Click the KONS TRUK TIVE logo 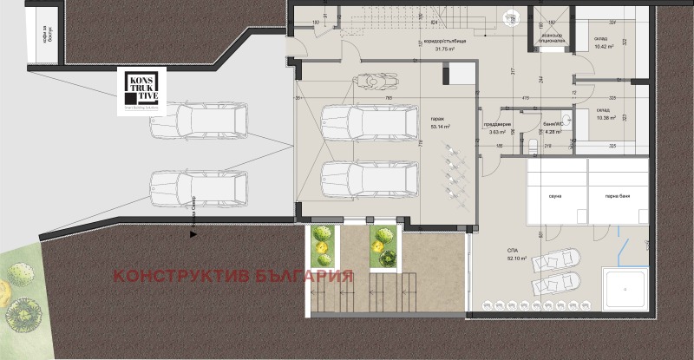point(143,91)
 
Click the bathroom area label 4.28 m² point(552,131)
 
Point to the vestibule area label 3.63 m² point(497,131)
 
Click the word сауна point(556,196)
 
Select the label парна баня point(618,196)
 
